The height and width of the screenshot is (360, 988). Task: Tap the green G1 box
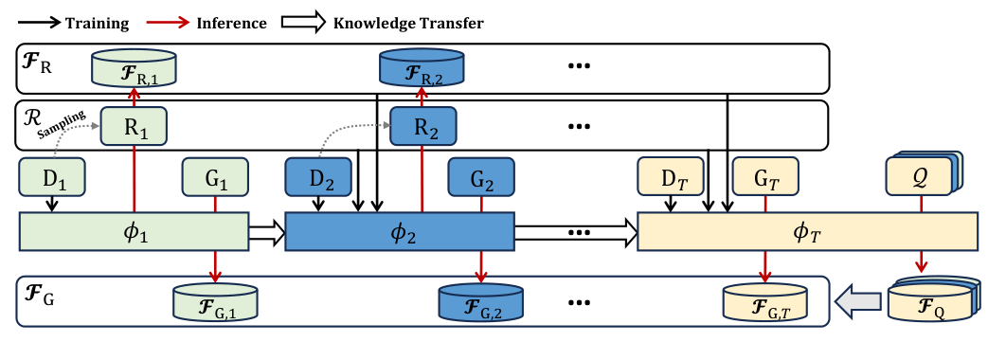(x=215, y=176)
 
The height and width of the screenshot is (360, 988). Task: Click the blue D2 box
(x=318, y=176)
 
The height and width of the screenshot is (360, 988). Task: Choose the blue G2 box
(x=480, y=176)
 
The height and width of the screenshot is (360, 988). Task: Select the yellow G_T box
(x=765, y=176)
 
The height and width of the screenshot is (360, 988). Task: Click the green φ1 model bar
(x=134, y=231)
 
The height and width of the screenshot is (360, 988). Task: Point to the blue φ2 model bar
(x=399, y=231)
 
